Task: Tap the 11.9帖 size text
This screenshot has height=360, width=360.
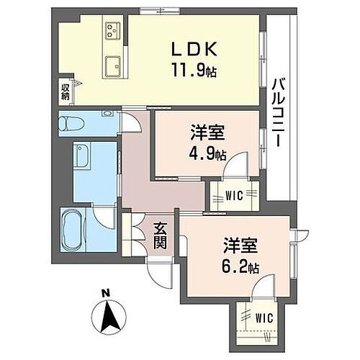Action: pyautogui.click(x=192, y=71)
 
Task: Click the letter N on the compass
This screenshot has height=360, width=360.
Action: pyautogui.click(x=105, y=292)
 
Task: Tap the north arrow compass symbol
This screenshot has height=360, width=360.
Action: pyautogui.click(x=106, y=315)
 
